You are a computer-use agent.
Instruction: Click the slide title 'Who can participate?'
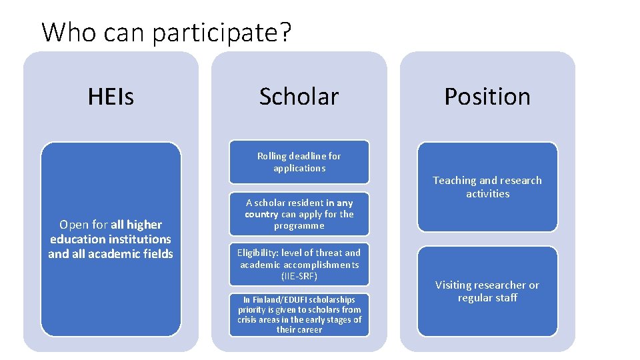(x=167, y=32)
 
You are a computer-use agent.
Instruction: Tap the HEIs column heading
(x=111, y=97)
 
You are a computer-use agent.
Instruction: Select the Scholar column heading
(x=299, y=97)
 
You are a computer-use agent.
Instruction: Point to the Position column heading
(x=487, y=97)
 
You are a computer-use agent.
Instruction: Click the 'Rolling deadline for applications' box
(x=299, y=162)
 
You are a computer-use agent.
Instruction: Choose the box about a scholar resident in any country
(x=299, y=214)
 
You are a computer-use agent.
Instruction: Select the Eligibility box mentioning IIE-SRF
(x=299, y=264)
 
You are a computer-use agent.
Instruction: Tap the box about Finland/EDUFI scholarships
(x=299, y=315)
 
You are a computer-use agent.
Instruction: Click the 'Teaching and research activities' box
(x=487, y=187)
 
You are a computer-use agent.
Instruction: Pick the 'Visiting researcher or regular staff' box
(x=487, y=291)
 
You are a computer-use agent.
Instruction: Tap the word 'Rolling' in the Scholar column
(x=271, y=156)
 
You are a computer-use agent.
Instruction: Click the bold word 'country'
(x=261, y=214)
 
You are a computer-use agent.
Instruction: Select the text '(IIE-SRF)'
(x=299, y=276)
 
